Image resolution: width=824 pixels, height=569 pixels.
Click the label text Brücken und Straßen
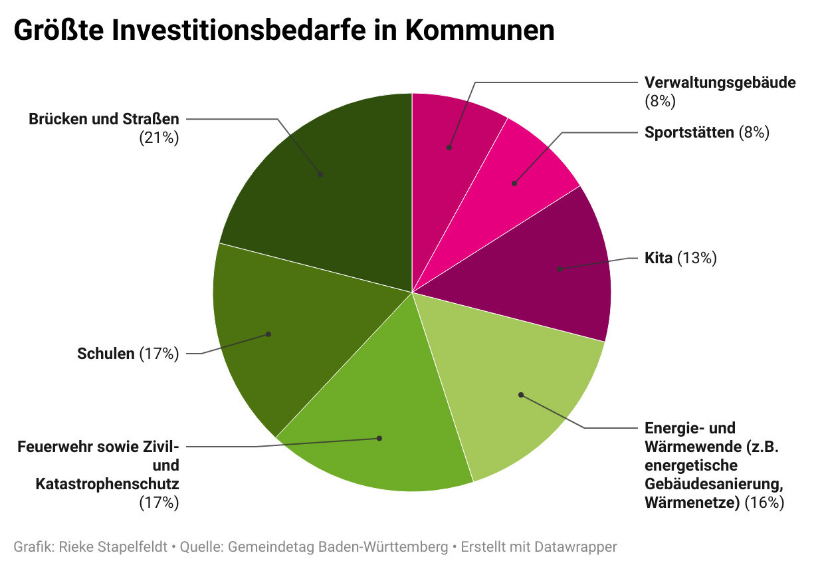104,120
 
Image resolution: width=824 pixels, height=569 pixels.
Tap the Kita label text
658,258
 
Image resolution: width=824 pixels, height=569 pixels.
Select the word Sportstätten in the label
689,132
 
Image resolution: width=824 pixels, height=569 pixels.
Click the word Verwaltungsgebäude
720,82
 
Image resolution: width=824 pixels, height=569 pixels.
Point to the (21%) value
159,138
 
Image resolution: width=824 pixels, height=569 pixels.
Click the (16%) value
764,503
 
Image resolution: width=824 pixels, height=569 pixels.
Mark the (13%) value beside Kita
697,258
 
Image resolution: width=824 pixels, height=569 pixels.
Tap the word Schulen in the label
106,354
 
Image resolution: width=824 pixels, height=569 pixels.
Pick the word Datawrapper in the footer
577,547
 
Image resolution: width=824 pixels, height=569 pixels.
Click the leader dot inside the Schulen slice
268,334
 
